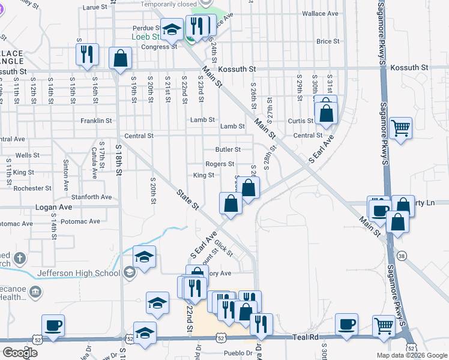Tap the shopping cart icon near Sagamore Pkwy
click(x=400, y=128)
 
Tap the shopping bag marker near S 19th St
click(x=121, y=59)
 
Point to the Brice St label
click(x=328, y=41)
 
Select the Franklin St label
click(x=96, y=121)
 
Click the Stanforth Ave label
click(x=91, y=197)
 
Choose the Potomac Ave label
click(x=80, y=221)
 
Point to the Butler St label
click(x=228, y=149)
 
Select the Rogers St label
click(x=220, y=164)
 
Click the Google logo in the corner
click(x=20, y=352)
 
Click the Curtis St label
click(x=301, y=121)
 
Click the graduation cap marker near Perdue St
click(x=172, y=28)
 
